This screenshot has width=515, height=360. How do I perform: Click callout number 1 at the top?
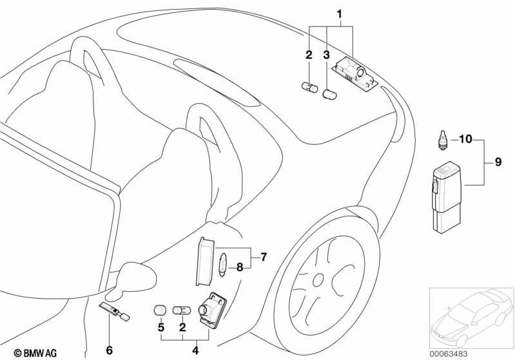[x=339, y=14]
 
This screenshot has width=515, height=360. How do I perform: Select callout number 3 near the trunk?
[x=326, y=55]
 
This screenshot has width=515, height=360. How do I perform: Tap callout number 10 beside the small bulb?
[x=465, y=139]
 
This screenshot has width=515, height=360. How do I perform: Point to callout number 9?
[x=498, y=162]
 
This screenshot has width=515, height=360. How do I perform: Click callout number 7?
[x=264, y=257]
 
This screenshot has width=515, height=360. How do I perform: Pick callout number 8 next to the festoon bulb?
[x=240, y=267]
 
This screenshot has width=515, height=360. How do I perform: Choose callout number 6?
[x=110, y=350]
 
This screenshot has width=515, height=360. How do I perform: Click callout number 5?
[x=161, y=327]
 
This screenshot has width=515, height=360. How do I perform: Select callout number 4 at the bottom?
[x=195, y=350]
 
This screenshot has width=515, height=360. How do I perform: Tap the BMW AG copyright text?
[x=35, y=353]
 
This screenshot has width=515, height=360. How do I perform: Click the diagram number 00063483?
[x=449, y=354]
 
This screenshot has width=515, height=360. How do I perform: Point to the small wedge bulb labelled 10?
[x=443, y=140]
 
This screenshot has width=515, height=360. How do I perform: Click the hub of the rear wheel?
[x=318, y=280]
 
